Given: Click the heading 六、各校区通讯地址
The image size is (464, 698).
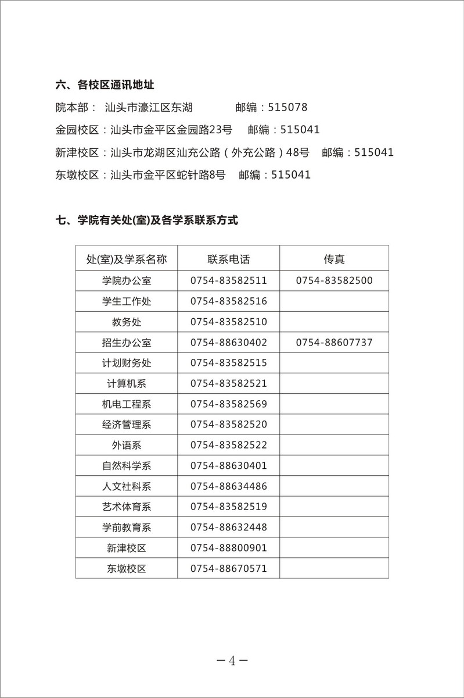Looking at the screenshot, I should pos(105,86).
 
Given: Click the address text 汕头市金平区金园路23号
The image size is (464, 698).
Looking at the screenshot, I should pos(171,130).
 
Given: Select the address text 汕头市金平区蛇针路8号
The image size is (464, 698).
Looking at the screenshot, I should pos(168,174).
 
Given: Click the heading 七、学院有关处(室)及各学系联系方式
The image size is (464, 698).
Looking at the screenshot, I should pos(147,220).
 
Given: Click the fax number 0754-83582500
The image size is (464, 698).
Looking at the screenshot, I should pos(334,280).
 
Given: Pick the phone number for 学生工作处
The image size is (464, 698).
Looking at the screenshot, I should pos(228,301).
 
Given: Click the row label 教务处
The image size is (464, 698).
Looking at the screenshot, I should pos(126,322).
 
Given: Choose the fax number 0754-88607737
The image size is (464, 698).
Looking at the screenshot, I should pos(334,343).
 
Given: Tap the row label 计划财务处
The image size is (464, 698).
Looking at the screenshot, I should pos(126,363).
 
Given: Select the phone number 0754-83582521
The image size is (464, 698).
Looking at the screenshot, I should pos(228,384).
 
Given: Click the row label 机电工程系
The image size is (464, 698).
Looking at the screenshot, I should pos(126,404).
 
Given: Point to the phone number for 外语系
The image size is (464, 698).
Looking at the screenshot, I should pos(228,445).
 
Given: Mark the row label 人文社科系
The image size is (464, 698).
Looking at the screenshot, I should pos(126,486).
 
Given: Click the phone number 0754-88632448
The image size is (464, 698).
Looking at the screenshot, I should pos(228,527).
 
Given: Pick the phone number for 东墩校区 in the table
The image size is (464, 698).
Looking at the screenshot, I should pos(228,568).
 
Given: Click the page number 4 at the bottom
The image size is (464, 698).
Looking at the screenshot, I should pos(232,661).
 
